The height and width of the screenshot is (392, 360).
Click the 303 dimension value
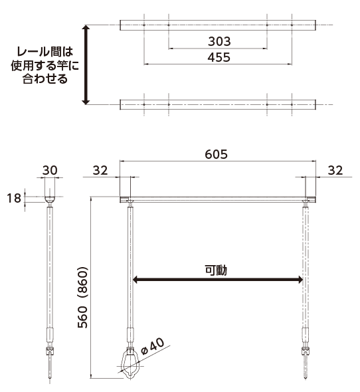pyautogui.click(x=219, y=41)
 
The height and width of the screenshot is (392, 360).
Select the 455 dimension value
pyautogui.click(x=219, y=57)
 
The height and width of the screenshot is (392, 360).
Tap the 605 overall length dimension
pyautogui.click(x=217, y=154)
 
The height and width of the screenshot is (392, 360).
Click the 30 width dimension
pyautogui.click(x=50, y=170)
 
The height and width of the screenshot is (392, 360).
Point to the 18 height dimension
pyautogui.click(x=14, y=198)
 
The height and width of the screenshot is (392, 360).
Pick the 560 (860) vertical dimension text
pyautogui.click(x=83, y=297)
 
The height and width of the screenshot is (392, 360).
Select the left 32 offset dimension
pyautogui.click(x=100, y=170)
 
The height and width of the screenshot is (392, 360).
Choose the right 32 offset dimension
pyautogui.click(x=335, y=170)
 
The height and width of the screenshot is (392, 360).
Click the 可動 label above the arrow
pyautogui.click(x=216, y=270)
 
